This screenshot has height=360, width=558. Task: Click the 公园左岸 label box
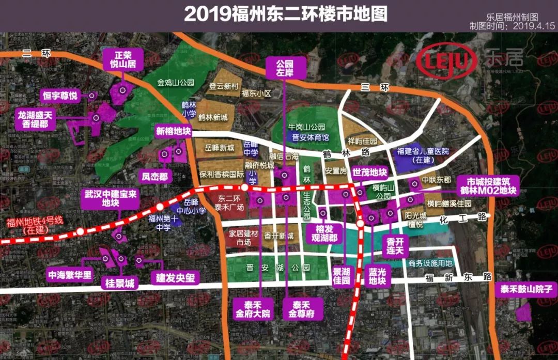point(284,68)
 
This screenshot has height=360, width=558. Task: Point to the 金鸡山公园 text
point(176,82)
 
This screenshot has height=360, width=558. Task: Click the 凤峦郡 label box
point(156,177)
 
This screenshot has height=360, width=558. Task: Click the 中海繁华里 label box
point(69,275)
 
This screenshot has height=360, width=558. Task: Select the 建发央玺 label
point(176,278)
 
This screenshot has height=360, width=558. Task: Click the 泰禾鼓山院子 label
point(523,290)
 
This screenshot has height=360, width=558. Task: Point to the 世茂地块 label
point(369,173)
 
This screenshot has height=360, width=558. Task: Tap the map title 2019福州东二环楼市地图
point(285,14)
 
